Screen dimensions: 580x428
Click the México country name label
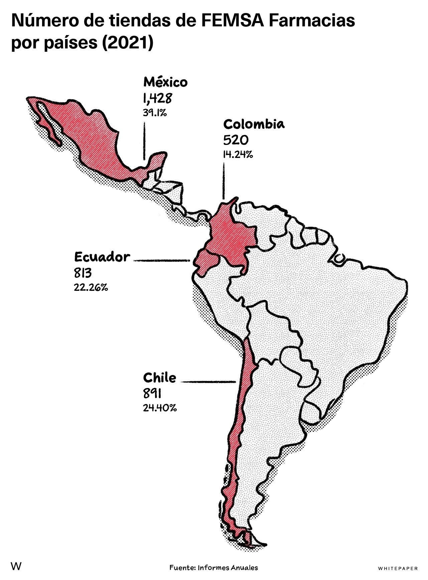point(165,82)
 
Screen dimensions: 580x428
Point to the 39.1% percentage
point(155,113)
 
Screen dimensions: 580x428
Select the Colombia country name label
point(254,124)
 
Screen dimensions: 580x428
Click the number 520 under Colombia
point(236,140)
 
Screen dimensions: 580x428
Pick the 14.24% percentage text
point(238,155)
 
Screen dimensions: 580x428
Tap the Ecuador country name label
point(102,257)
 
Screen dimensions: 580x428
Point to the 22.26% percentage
point(91,287)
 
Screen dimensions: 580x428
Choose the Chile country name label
point(160,378)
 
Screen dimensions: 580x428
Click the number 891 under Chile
point(152,394)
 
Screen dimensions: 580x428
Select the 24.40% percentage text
point(160,408)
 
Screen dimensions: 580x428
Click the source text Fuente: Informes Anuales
point(213,567)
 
